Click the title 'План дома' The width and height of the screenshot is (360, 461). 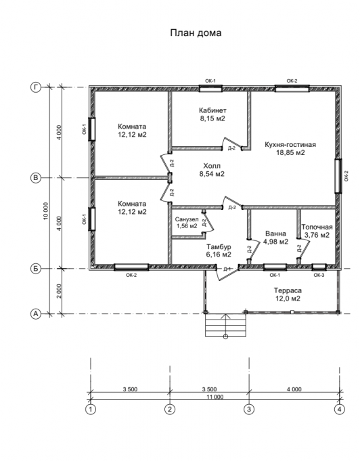tap(196, 32)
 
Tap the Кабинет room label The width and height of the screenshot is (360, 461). tap(212, 114)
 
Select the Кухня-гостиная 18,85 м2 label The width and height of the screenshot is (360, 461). tap(290, 148)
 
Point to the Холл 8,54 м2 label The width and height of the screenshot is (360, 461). tap(212, 170)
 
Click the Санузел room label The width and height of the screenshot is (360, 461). tap(187, 223)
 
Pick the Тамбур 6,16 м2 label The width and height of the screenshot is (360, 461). tap(219, 250)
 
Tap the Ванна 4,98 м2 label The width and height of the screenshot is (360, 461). tap(275, 238)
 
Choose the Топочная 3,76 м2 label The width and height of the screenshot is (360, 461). tap(317, 231)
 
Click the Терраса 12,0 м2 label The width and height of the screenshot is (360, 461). tap(288, 294)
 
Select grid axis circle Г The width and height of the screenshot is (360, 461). tap(36, 87)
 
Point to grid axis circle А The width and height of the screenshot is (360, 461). tap(36, 313)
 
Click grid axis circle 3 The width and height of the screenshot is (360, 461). tap(249, 409)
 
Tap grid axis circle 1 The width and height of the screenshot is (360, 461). tap(91, 409)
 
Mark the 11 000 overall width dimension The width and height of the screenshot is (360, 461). tap(215, 397)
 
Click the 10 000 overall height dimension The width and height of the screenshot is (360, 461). tap(45, 211)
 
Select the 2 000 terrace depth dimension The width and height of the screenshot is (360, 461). tap(59, 291)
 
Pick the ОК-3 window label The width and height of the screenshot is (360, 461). tap(319, 276)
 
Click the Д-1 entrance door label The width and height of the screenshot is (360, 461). tap(227, 269)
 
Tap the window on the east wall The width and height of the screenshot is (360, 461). tap(338, 176)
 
